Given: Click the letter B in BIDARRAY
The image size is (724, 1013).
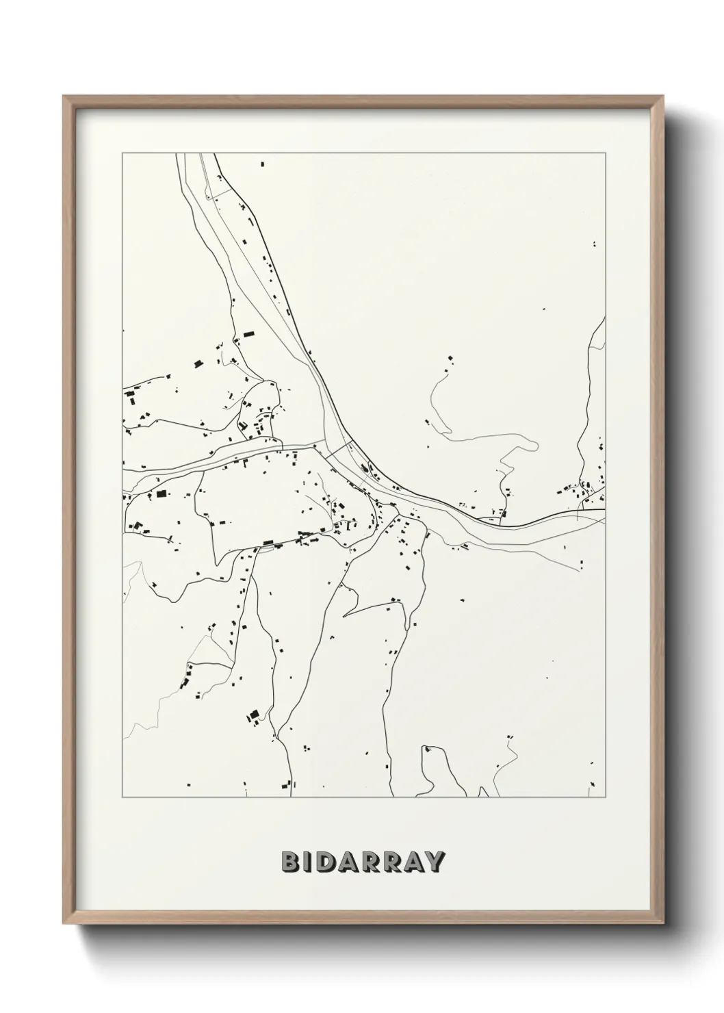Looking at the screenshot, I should pyautogui.click(x=290, y=862).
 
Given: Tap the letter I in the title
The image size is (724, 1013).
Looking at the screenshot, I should pyautogui.click(x=309, y=862).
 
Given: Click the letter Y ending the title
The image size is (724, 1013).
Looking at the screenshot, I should pyautogui.click(x=436, y=862).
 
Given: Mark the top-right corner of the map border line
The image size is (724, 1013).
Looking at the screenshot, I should pyautogui.click(x=605, y=153).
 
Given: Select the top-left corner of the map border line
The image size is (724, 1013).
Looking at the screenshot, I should pyautogui.click(x=122, y=153).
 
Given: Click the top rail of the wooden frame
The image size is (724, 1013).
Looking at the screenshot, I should pyautogui.click(x=363, y=99).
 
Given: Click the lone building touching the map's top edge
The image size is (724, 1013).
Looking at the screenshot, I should pyautogui.click(x=261, y=164).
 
